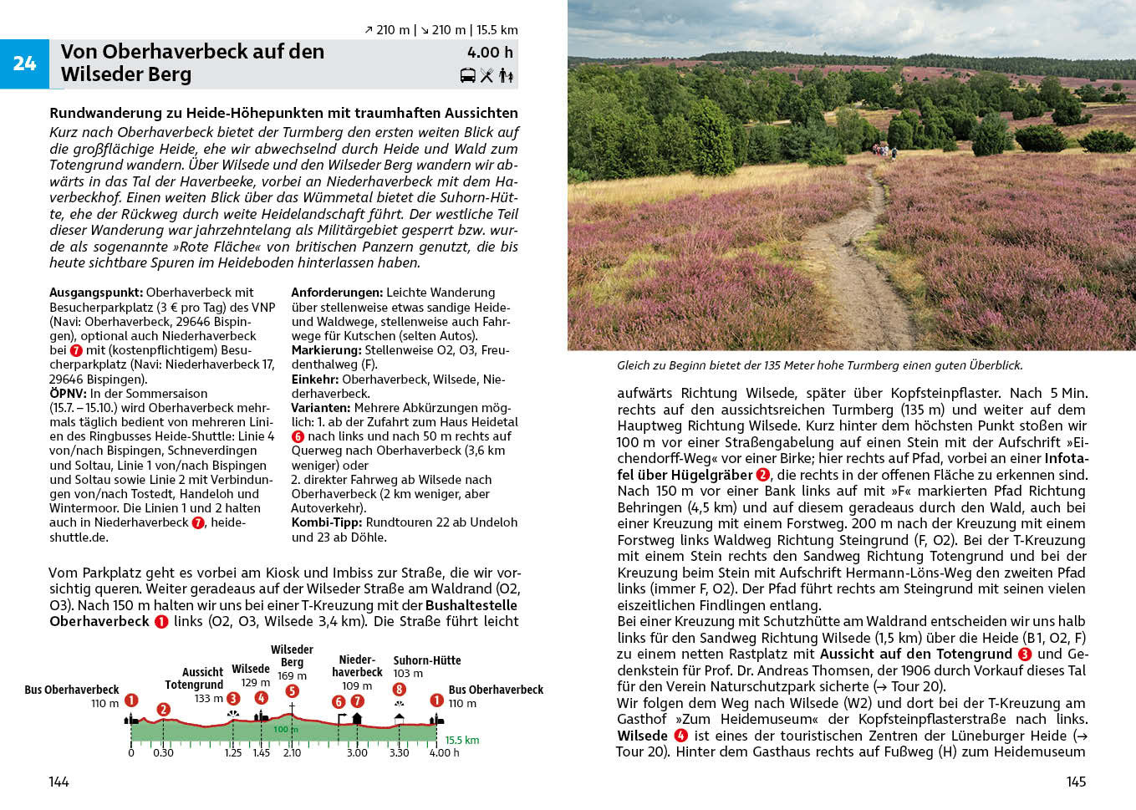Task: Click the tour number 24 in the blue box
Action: coord(24,64)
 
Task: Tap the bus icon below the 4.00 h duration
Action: coord(468,76)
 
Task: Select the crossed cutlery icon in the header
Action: coord(486,76)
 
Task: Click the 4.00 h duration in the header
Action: coord(490,53)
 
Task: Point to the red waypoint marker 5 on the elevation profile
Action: coord(292,691)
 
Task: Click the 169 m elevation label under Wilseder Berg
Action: coord(292,675)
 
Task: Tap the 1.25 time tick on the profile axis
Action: coord(233,753)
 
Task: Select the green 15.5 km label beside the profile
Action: coord(461,741)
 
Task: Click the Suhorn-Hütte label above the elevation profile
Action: coord(426,660)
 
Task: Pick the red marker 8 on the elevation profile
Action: coord(400,690)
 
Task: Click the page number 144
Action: coord(59,782)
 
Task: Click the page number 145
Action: coord(1076,782)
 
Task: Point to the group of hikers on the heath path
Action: coord(883,150)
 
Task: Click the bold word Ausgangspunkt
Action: coord(96,293)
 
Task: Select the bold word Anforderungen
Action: coord(337,293)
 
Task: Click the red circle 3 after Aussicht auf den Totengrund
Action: coord(1024,655)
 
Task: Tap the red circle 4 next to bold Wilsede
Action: coord(680,736)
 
